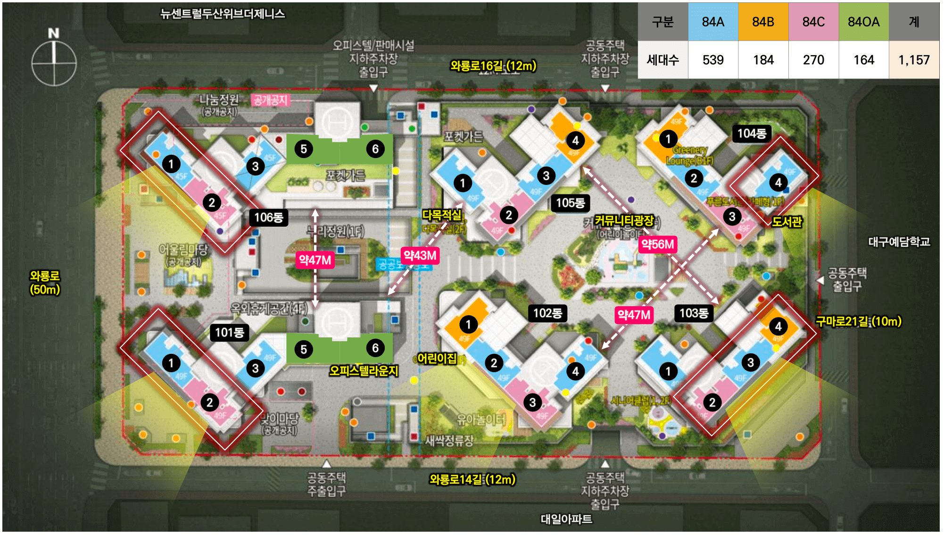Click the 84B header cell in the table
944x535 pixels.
(763, 22)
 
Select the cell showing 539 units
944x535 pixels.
(712, 60)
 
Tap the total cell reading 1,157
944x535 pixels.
(913, 60)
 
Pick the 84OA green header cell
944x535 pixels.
(863, 22)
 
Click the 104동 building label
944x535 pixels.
(751, 134)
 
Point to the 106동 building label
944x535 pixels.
(268, 217)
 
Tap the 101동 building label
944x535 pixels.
(229, 333)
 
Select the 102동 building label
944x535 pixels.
(547, 313)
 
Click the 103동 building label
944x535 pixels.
(694, 313)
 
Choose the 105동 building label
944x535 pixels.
(570, 203)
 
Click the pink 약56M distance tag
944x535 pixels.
(657, 244)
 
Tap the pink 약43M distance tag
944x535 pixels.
(420, 256)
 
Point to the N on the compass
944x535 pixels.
(54, 33)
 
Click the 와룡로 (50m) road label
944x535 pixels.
(45, 283)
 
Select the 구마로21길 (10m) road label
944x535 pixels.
(858, 322)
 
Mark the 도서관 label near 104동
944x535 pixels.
(787, 222)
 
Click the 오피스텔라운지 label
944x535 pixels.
(364, 371)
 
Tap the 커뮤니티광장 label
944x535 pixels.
(624, 220)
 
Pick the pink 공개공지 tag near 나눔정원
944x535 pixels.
(270, 100)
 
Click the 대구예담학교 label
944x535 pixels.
(899, 242)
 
